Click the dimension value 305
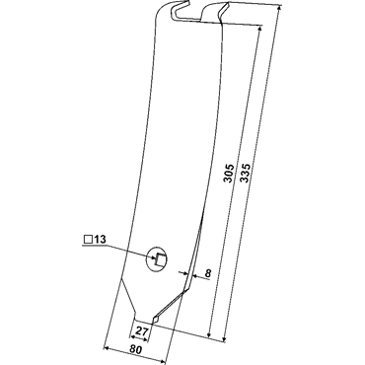point(229,173)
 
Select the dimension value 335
point(246,173)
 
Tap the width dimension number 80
point(135,350)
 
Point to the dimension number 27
point(141,331)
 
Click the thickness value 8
point(207,273)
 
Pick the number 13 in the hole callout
point(100,240)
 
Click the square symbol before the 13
point(88,240)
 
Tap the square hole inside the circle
point(161,259)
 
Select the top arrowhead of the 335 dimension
point(278,8)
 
